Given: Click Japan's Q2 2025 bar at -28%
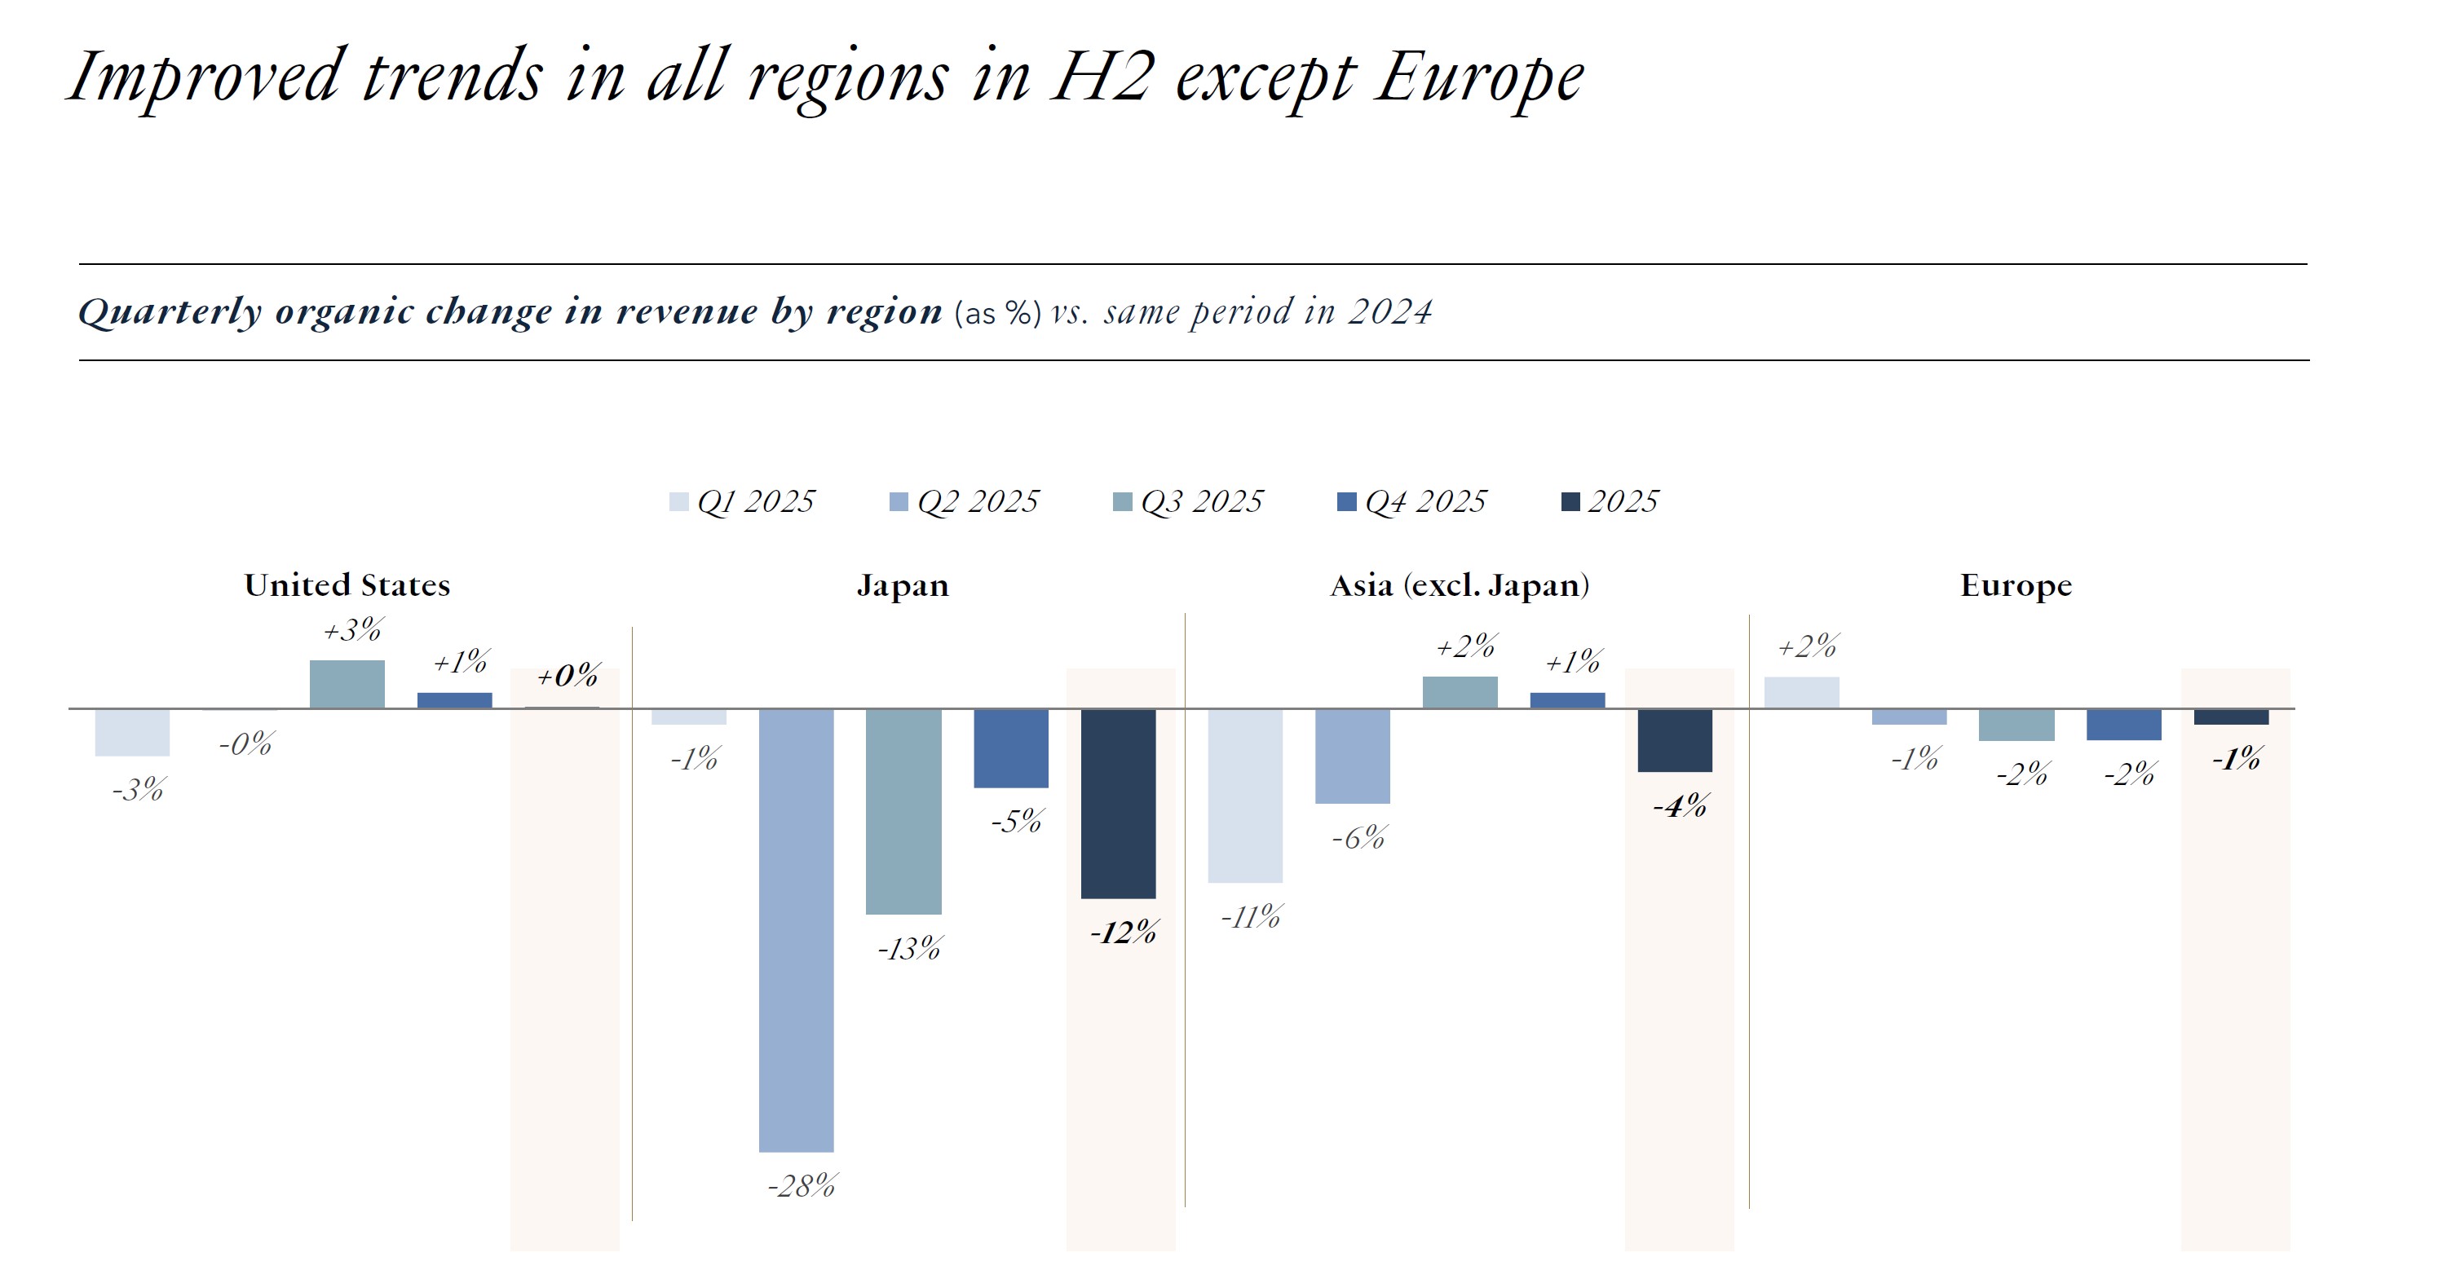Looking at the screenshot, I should tap(796, 931).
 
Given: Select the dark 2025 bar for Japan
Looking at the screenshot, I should tap(1118, 803).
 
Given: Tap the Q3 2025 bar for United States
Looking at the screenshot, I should tap(347, 685).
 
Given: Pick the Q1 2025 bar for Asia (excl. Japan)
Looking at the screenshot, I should tap(1244, 796).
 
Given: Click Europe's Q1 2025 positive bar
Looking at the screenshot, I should tap(1801, 693).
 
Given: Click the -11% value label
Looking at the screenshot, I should tap(1250, 917).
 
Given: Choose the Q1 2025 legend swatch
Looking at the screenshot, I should tap(678, 502).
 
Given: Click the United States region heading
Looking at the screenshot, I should tap(347, 585).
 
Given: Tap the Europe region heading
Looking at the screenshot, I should tap(2016, 585).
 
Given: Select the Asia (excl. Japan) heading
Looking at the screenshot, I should tap(1459, 585).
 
